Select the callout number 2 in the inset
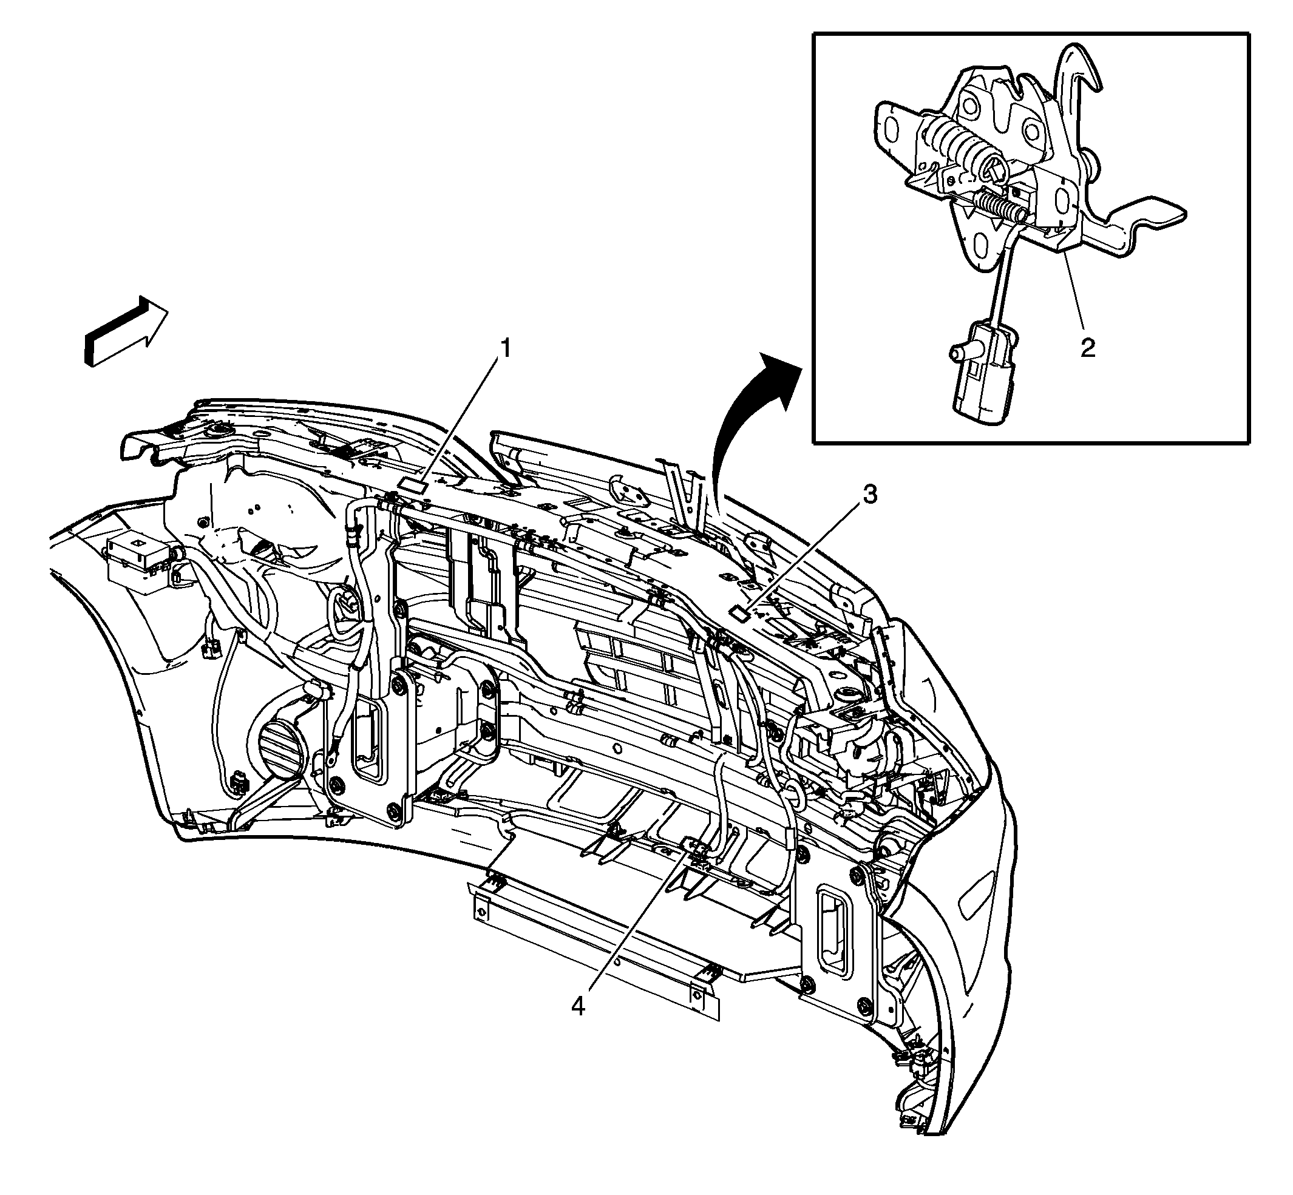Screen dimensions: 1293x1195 tap(1087, 348)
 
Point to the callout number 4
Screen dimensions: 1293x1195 tap(578, 1006)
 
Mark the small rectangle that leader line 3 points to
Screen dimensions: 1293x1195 tap(738, 612)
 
